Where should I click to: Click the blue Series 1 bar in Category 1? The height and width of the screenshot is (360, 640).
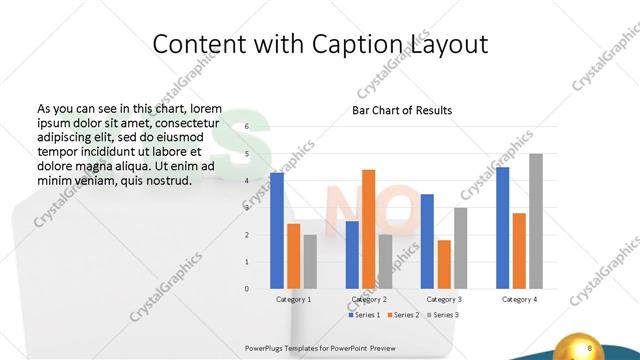pos(277,231)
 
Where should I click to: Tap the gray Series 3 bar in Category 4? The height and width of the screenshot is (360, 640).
pos(536,221)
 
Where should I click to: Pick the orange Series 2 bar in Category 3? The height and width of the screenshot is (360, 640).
pos(443,264)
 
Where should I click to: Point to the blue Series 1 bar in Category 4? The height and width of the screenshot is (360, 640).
pos(503,228)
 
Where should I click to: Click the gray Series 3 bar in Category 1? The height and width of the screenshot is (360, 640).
pos(310,262)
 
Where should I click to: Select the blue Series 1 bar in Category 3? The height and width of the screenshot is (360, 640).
pos(427,241)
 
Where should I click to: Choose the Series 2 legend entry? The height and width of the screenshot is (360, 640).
pos(402,315)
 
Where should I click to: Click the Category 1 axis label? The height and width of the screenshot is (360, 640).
pos(293,299)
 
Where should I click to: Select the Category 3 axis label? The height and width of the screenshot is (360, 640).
pos(443,299)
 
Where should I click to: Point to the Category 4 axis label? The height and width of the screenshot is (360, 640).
pos(519,299)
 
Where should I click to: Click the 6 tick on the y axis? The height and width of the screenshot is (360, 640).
pos(246,127)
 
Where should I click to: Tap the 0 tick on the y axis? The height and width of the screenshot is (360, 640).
pos(246,289)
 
